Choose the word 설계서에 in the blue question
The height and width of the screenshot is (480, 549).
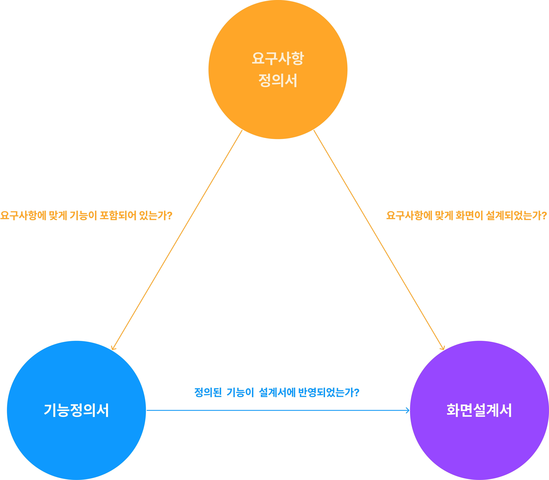[277, 392]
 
